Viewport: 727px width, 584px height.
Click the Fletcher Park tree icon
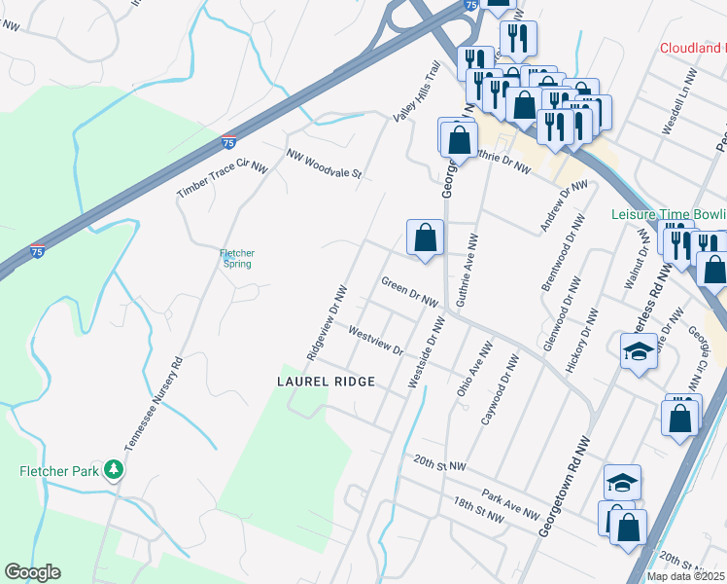(x=115, y=470)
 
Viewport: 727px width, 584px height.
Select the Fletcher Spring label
(x=236, y=259)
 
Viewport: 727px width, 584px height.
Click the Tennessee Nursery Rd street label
(x=151, y=401)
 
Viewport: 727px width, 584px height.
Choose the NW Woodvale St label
(x=324, y=164)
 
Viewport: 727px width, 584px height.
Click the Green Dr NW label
(x=410, y=294)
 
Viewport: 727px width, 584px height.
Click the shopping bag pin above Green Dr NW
(x=425, y=237)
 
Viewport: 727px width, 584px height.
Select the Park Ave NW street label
(x=515, y=506)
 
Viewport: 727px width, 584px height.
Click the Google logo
(x=32, y=572)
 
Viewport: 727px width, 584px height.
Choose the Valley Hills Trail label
(x=417, y=91)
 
